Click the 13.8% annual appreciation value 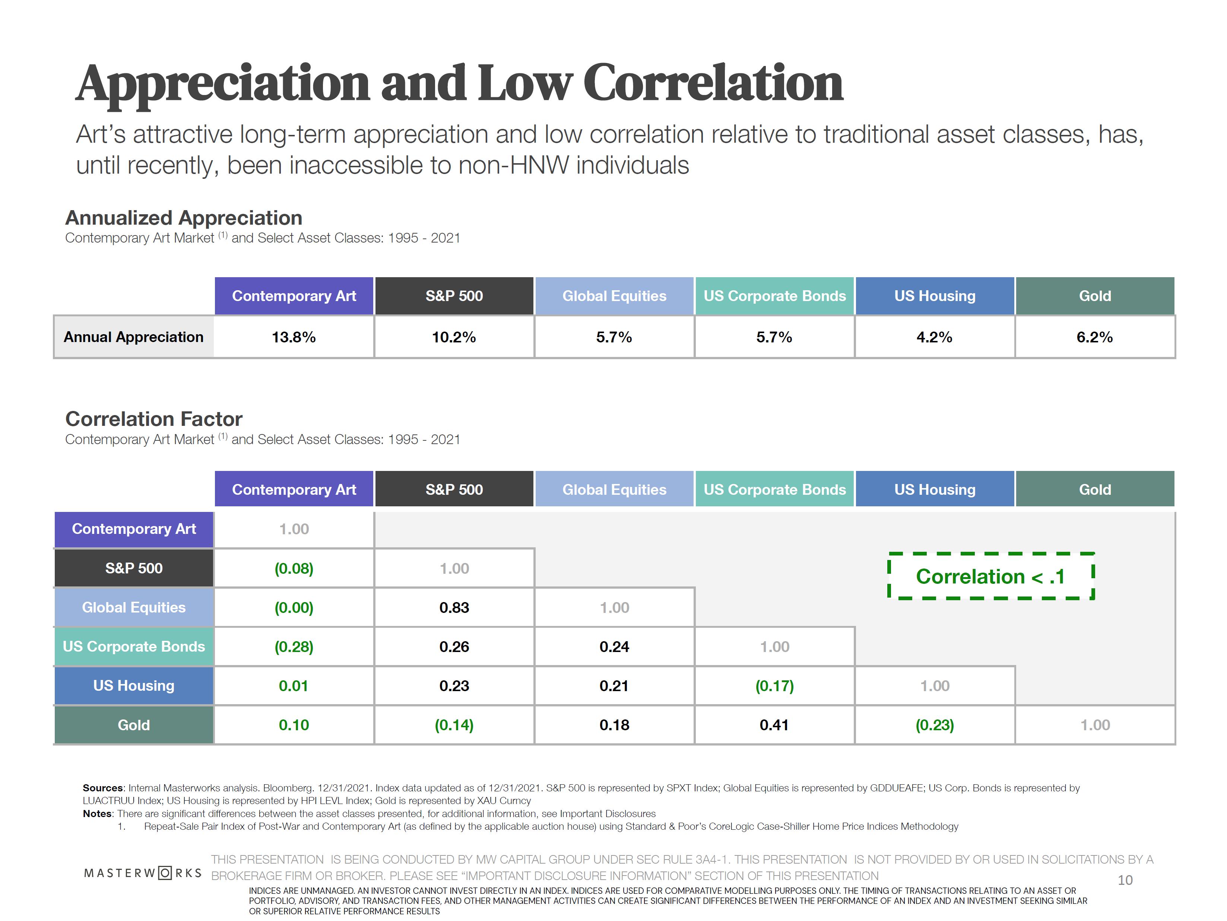click(x=294, y=337)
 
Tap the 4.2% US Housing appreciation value click(x=934, y=337)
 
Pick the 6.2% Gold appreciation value click(x=1094, y=337)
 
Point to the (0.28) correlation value click(x=294, y=647)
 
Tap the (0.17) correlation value click(x=774, y=686)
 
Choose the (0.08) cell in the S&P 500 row click(x=294, y=569)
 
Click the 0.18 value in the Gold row click(x=614, y=725)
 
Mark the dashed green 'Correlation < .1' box click(x=991, y=576)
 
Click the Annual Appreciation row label click(x=134, y=337)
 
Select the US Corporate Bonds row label click(x=134, y=647)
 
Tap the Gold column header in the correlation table click(x=1094, y=489)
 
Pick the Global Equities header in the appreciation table click(x=614, y=296)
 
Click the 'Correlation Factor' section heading click(x=153, y=419)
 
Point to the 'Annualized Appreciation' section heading click(x=184, y=218)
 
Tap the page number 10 click(x=1125, y=880)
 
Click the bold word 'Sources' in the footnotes click(x=102, y=788)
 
